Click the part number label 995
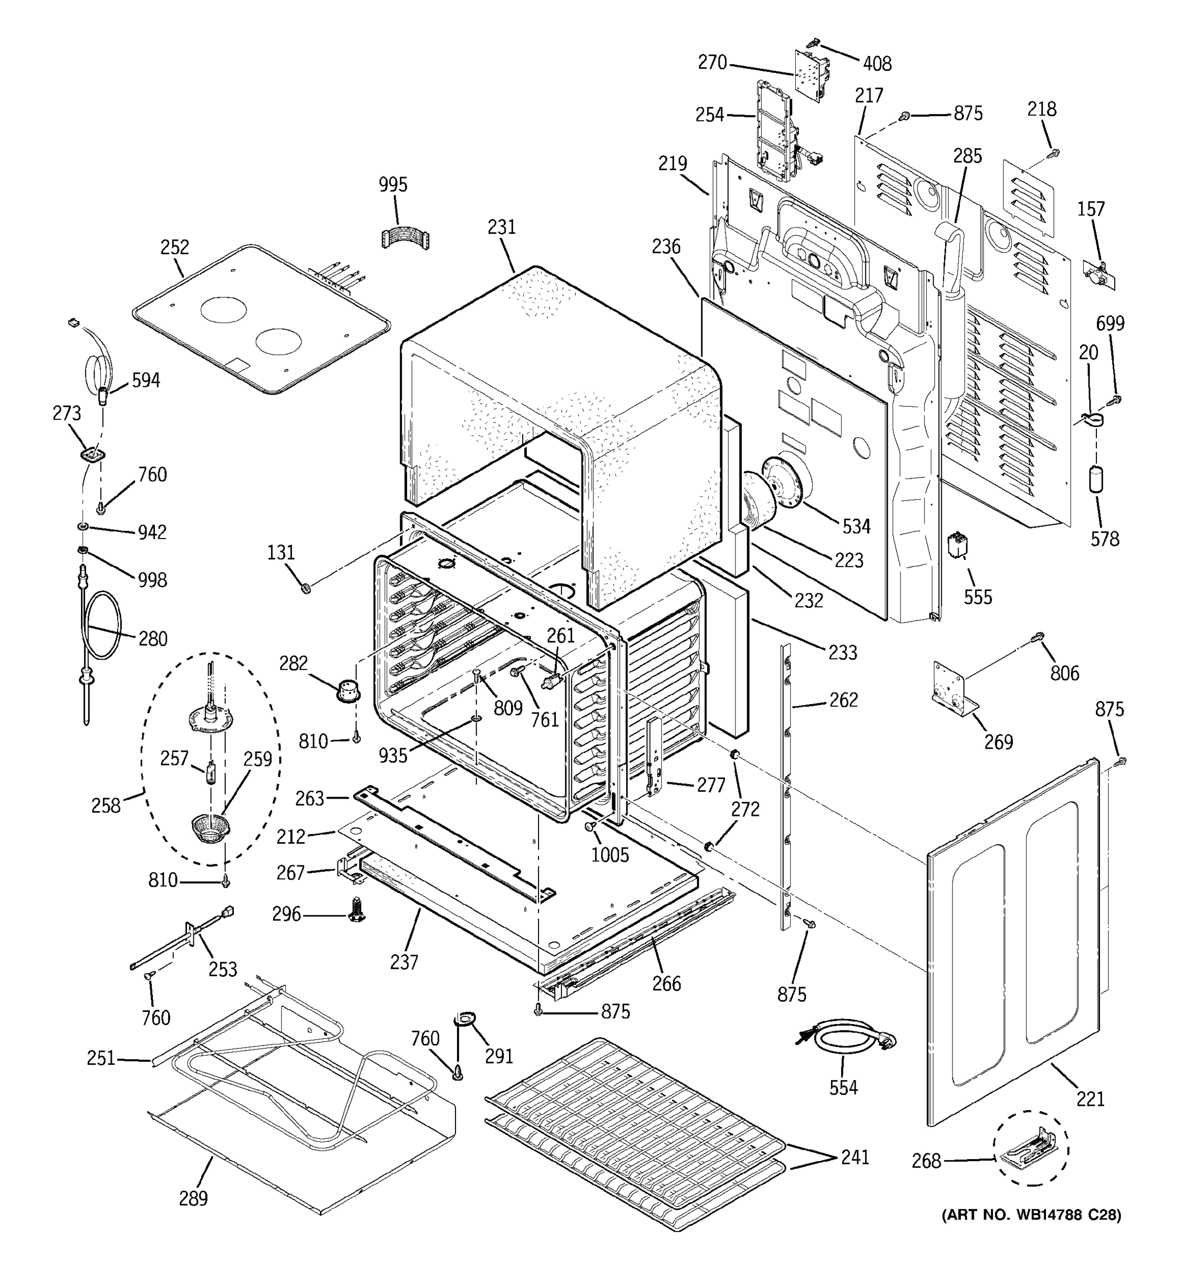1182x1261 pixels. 392,184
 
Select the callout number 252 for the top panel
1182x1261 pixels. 174,247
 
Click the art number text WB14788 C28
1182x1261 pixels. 1031,1215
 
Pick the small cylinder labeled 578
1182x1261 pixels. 1096,480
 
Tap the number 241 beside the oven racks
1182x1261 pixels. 854,1157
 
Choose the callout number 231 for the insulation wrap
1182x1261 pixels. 502,226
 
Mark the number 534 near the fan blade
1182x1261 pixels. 856,526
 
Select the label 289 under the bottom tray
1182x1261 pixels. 193,1198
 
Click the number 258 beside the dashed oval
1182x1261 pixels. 105,805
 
